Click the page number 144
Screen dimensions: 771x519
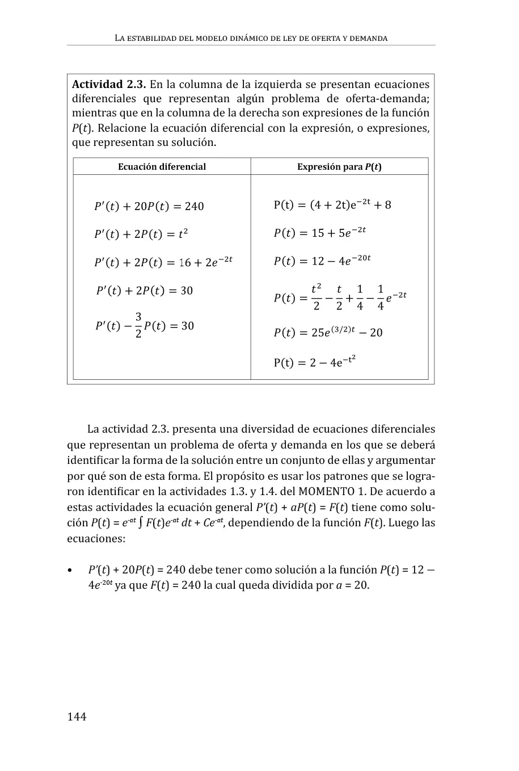tap(77, 716)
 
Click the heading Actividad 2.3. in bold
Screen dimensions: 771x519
tap(109, 85)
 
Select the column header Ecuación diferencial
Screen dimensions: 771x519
tap(162, 166)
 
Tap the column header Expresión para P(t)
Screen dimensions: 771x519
tap(339, 166)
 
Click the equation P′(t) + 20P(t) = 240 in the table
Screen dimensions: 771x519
tap(149, 206)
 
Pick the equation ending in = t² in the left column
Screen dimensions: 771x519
tap(141, 234)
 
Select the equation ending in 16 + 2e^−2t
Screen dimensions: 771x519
tap(163, 262)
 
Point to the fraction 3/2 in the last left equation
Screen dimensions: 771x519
tap(138, 325)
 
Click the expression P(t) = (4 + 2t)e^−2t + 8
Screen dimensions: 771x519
tap(332, 204)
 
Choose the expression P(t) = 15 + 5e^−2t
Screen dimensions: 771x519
tap(319, 232)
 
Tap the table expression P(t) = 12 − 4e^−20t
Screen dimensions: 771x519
tap(322, 260)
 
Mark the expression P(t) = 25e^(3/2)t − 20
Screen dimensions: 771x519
tap(328, 332)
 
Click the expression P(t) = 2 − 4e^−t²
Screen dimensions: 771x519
tap(314, 362)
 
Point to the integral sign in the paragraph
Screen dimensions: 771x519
tap(141, 523)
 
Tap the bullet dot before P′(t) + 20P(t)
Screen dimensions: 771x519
tap(70, 570)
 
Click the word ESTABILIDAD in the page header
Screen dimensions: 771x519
tap(149, 39)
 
